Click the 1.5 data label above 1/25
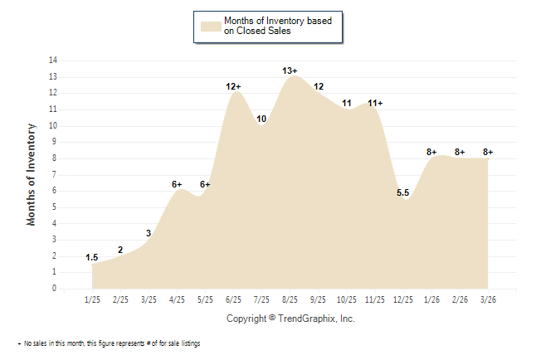tap(92, 258)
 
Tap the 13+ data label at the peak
tap(290, 71)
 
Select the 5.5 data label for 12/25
tap(402, 193)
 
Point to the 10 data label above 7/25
tap(261, 119)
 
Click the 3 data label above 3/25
tap(149, 234)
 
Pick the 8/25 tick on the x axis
tap(290, 299)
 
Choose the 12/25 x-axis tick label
tap(402, 299)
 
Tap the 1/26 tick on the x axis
tap(431, 299)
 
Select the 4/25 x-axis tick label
tap(177, 299)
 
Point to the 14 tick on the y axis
tap(53, 61)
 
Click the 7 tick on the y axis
tap(55, 175)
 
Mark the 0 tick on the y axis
tap(55, 289)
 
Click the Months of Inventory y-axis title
tap(32, 174)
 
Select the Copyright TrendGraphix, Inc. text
tap(290, 319)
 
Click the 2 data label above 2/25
tap(120, 250)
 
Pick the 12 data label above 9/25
tap(319, 86)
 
